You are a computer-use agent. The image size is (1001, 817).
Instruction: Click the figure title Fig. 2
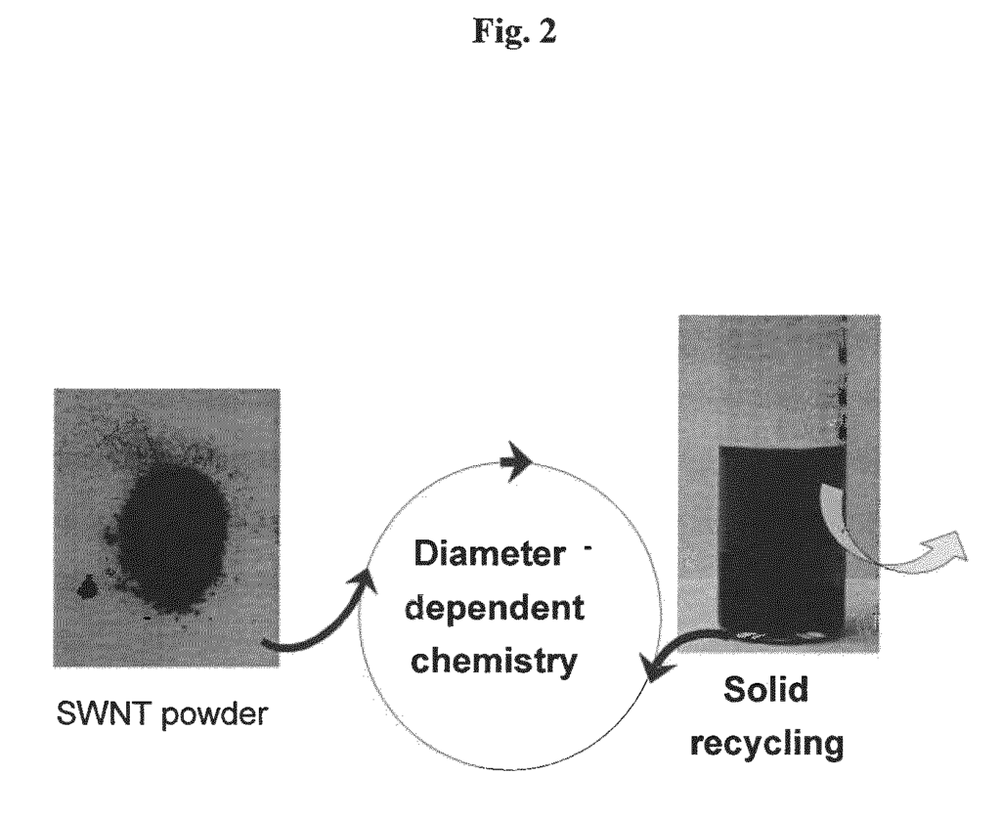click(x=514, y=31)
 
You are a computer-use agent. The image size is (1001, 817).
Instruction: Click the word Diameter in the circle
click(x=490, y=554)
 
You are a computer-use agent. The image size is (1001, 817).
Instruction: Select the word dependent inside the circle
click(x=495, y=609)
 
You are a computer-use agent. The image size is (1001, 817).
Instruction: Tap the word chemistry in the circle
click(x=494, y=662)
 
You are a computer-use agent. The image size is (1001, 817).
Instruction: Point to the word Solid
click(x=766, y=690)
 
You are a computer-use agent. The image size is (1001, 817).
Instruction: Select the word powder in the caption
click(x=214, y=715)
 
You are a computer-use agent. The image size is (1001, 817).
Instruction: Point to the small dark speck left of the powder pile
click(x=86, y=586)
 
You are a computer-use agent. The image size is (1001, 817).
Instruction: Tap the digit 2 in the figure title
click(x=547, y=31)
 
